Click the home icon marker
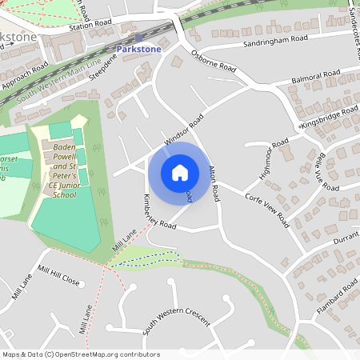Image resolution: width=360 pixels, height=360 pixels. click(180, 173)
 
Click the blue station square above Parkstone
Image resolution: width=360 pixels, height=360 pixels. click(138, 38)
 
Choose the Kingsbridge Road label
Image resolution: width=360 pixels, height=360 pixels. click(328, 118)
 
